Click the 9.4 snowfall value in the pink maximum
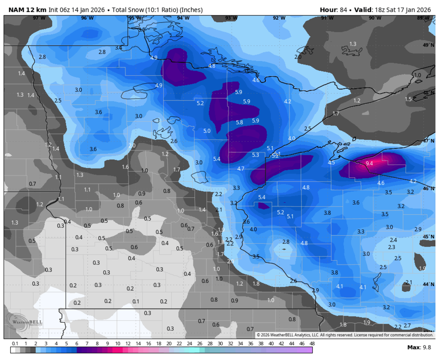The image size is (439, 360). click(x=369, y=163)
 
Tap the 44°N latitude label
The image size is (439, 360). click(x=428, y=284)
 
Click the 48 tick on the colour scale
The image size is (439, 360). click(x=312, y=344)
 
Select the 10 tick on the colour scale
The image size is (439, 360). click(x=118, y=344)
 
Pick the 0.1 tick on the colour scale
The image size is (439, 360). click(x=15, y=344)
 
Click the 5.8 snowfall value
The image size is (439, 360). click(x=240, y=122)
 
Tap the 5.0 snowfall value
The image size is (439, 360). click(x=207, y=131)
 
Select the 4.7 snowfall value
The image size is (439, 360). click(x=241, y=168)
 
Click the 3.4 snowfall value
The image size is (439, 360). click(x=119, y=48)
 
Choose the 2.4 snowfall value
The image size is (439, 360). click(x=393, y=240)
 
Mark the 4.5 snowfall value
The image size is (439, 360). click(x=331, y=163)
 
